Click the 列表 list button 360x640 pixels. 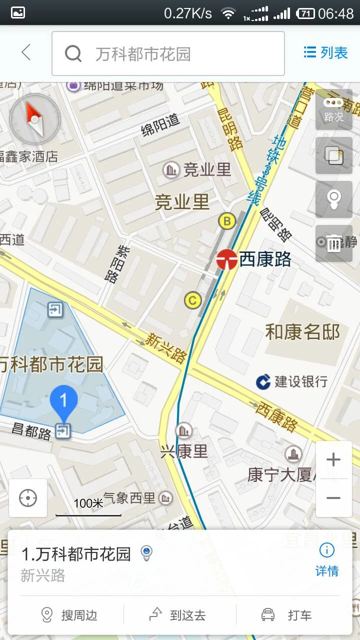(x=325, y=52)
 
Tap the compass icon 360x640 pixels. (x=34, y=119)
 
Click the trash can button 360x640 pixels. (x=333, y=243)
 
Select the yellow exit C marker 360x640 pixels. (x=193, y=300)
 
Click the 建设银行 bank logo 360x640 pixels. (x=263, y=381)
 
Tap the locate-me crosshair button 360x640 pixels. (x=28, y=498)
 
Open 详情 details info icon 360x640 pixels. (x=327, y=551)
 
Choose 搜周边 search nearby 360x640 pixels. (x=69, y=615)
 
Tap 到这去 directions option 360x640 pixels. (x=178, y=615)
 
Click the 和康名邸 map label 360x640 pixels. (x=302, y=332)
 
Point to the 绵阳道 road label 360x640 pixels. (x=160, y=124)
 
